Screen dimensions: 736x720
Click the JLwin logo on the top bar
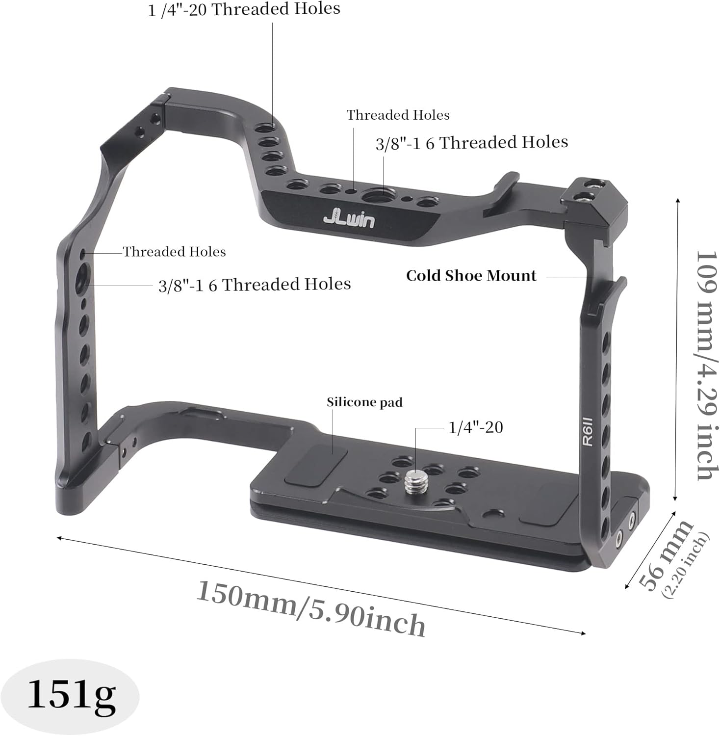pyautogui.click(x=349, y=219)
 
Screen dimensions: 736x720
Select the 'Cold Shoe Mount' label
pyautogui.click(x=471, y=276)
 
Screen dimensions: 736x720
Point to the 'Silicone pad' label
pyautogui.click(x=364, y=402)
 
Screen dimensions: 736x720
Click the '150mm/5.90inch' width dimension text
pyautogui.click(x=310, y=608)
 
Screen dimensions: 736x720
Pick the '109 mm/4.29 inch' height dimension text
pyautogui.click(x=706, y=366)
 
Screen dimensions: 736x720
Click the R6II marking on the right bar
pyautogui.click(x=588, y=431)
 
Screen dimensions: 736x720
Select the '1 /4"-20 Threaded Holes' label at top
pyautogui.click(x=244, y=9)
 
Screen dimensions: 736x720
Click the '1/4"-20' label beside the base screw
pyautogui.click(x=475, y=427)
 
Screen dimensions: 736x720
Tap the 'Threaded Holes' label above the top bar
pyautogui.click(x=398, y=115)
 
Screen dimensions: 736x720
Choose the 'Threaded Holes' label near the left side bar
pyautogui.click(x=174, y=252)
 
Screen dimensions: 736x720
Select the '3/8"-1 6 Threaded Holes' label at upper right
pyautogui.click(x=471, y=143)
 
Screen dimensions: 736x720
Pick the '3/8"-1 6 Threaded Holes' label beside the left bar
pyautogui.click(x=254, y=285)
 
